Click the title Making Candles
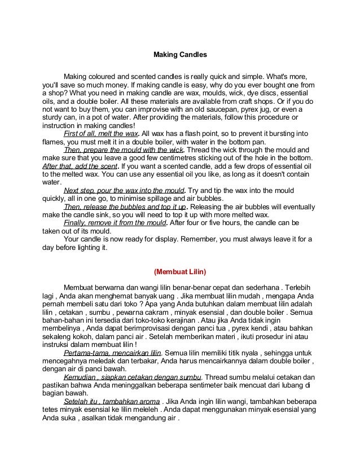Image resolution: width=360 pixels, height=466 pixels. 181,56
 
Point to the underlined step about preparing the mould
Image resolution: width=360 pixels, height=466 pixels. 124,151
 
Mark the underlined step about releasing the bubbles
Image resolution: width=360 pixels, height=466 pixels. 125,207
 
